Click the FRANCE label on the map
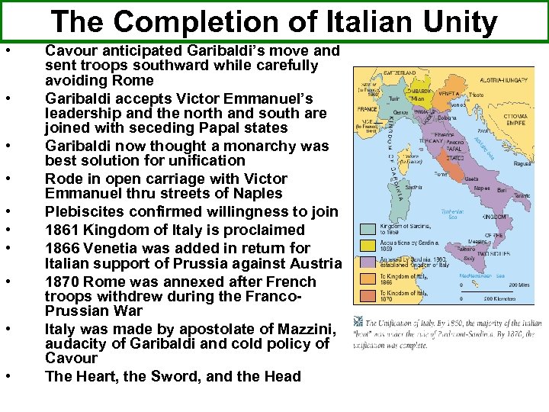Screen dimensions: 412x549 pos(368,108)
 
